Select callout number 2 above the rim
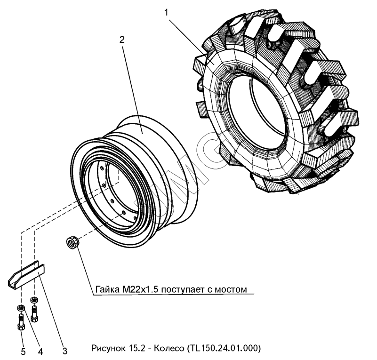coord(122,40)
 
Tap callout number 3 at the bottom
coord(64,351)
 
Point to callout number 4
coord(40,351)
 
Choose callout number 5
coord(23,351)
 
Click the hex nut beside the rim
coord(72,244)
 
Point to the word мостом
coord(230,289)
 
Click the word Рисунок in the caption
coord(109,348)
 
